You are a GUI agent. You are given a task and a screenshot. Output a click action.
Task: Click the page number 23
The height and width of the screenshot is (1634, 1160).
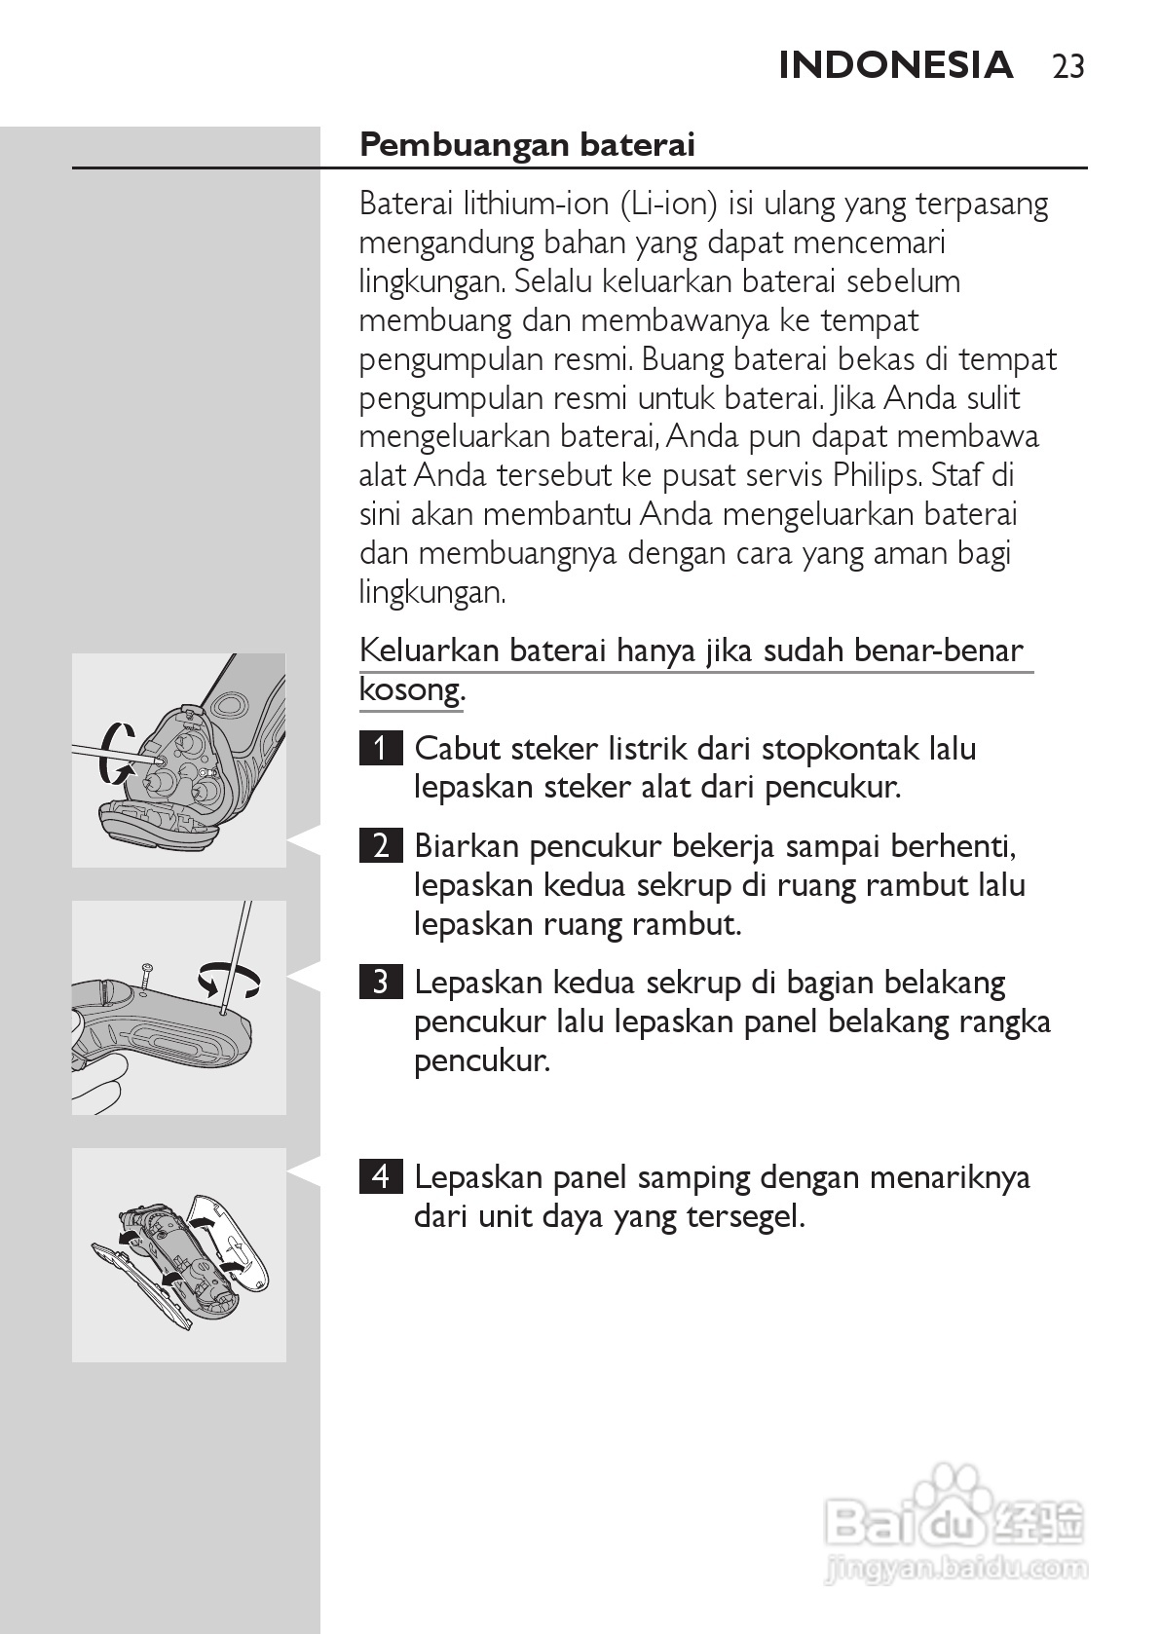pyautogui.click(x=1068, y=66)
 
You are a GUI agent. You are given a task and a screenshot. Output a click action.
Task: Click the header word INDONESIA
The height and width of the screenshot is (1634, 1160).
pyautogui.click(x=896, y=65)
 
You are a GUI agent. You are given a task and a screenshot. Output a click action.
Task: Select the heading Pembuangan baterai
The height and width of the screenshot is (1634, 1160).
pyautogui.click(x=527, y=144)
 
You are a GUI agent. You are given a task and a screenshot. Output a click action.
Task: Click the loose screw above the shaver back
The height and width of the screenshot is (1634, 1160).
pyautogui.click(x=145, y=975)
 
